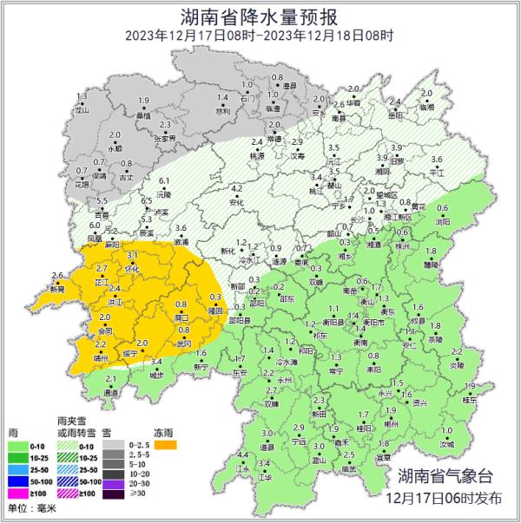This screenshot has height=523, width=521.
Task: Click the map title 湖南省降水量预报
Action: (x=260, y=16)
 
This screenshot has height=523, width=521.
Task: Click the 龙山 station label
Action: (x=82, y=111)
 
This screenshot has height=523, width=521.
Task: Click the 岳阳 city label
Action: (x=397, y=161)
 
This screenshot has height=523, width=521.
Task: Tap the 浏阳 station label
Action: (x=442, y=221)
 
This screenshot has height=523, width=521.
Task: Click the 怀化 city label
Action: (x=132, y=270)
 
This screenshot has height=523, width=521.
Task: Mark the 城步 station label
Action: (x=156, y=375)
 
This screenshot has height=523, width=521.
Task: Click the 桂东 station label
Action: (x=469, y=400)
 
